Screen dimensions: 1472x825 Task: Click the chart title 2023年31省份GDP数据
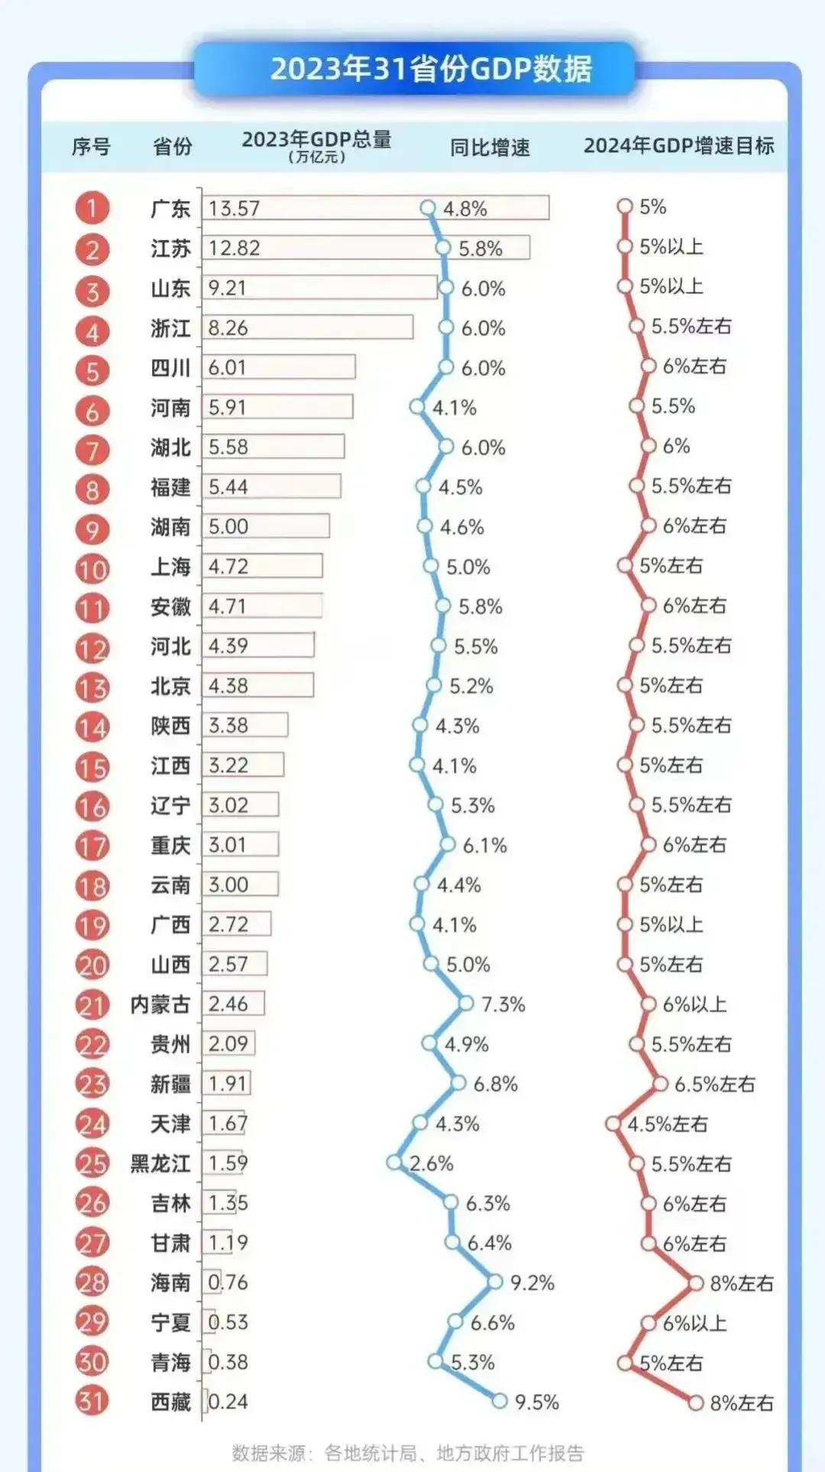[431, 69]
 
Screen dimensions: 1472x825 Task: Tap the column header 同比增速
[490, 147]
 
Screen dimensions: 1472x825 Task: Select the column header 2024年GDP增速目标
[678, 145]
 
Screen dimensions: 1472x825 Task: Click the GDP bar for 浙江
[308, 328]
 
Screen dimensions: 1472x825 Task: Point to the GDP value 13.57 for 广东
[234, 209]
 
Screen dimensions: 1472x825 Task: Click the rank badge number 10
[92, 569]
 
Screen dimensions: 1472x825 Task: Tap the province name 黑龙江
[160, 1163]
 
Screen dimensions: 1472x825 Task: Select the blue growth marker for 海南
[495, 1282]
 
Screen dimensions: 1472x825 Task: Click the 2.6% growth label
[432, 1163]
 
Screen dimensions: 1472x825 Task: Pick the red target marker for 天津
[613, 1123]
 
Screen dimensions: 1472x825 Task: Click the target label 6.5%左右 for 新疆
[714, 1084]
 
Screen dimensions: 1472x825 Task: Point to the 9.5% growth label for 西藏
[537, 1402]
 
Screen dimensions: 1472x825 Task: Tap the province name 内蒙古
[160, 1004]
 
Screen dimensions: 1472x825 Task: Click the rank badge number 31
[92, 1401]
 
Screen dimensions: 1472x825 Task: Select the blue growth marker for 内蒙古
[466, 1003]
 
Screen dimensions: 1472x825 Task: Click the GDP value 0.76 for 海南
[228, 1282]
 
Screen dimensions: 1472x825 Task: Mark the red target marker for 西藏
[695, 1402]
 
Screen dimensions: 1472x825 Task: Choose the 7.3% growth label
[503, 1004]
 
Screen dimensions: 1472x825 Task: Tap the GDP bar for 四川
[279, 368]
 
